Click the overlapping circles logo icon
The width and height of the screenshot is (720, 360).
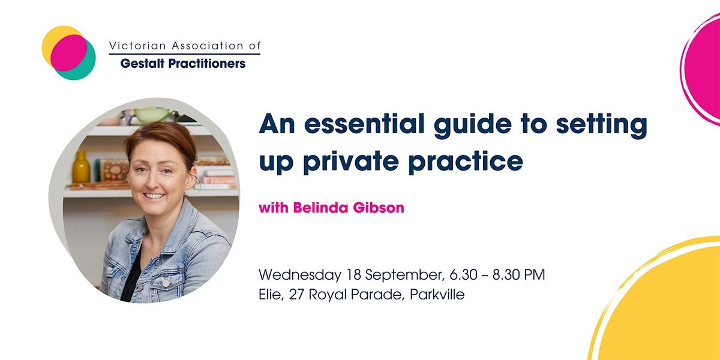pos(68,53)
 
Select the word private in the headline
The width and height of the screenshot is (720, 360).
pos(353,161)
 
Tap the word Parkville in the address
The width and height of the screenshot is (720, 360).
pos(437,296)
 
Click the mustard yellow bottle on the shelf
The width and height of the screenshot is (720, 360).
pos(81,167)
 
